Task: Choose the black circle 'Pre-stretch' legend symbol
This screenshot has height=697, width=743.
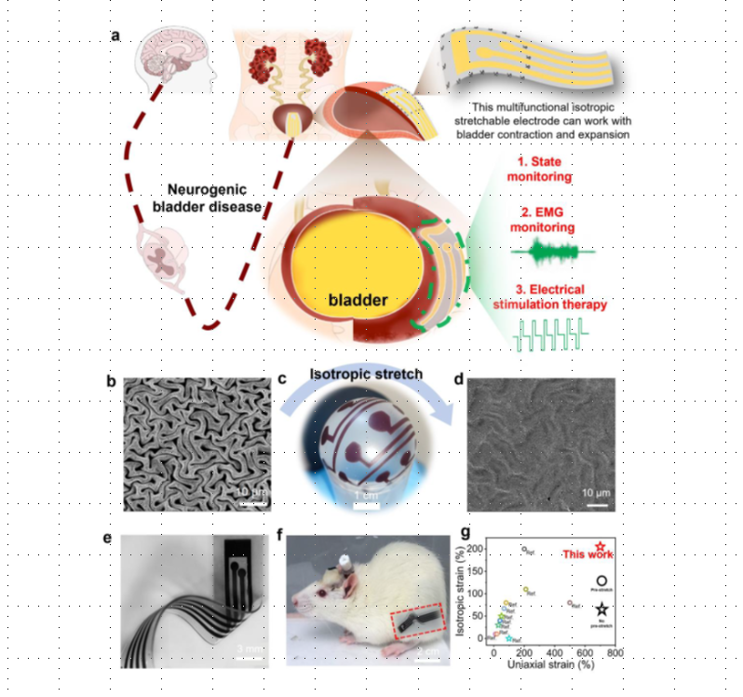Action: [601, 580]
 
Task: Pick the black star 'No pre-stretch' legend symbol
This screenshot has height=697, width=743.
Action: [601, 608]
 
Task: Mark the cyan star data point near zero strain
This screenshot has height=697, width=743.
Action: [509, 639]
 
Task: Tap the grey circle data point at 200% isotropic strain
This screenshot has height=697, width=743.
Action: [524, 549]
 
